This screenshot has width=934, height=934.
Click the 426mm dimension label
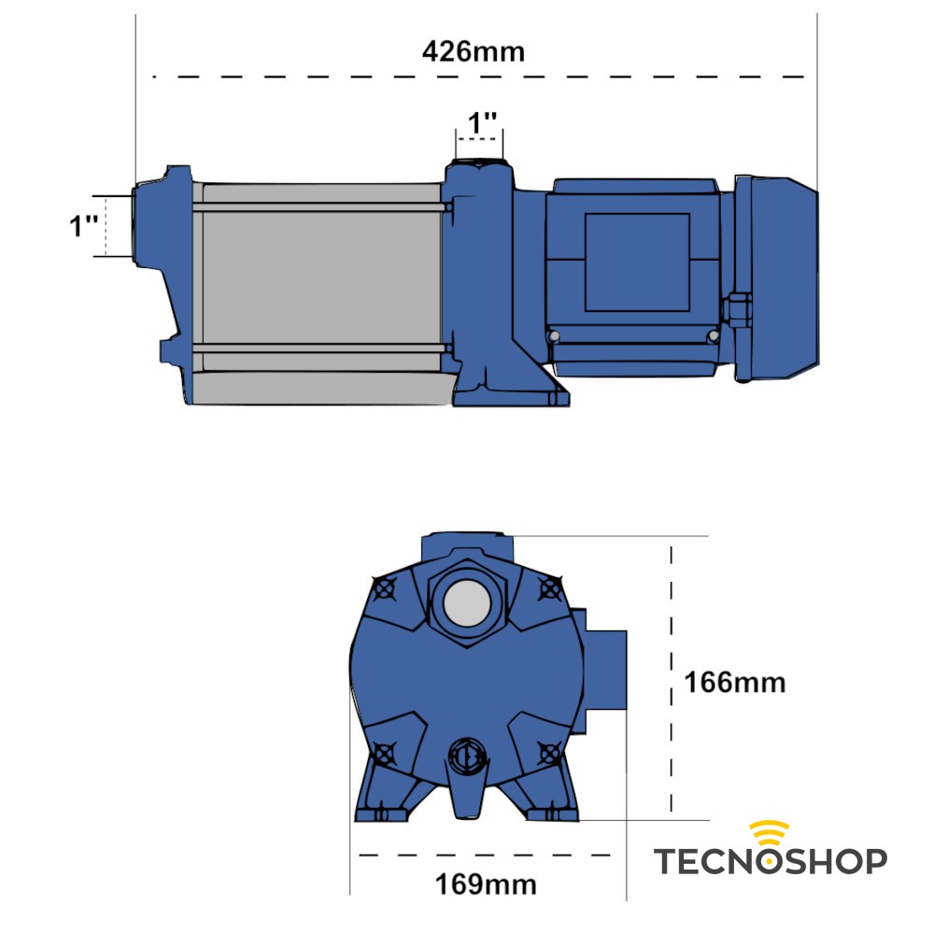[x=474, y=50]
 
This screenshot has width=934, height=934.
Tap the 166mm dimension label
[x=735, y=683]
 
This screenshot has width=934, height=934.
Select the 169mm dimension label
[x=486, y=883]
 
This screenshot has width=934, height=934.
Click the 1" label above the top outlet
[x=482, y=122]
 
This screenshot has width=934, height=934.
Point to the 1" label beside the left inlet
[x=84, y=226]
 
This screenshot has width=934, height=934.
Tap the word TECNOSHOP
[x=769, y=860]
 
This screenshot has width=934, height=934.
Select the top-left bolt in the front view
[x=381, y=589]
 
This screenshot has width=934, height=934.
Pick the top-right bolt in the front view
[x=551, y=589]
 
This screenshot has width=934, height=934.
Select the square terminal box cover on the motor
[x=637, y=262]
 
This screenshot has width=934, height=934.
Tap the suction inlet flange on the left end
[x=145, y=224]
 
